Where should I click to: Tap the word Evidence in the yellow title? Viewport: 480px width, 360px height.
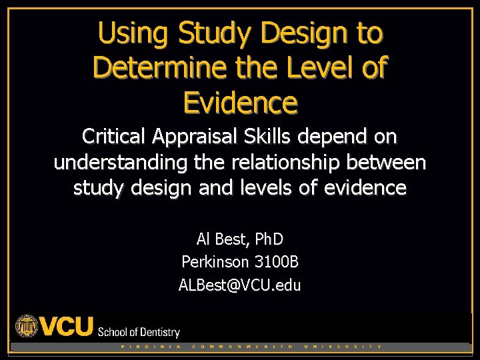click(x=240, y=103)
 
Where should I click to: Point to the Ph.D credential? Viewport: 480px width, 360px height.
click(x=265, y=238)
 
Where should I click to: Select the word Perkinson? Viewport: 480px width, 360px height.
click(x=212, y=262)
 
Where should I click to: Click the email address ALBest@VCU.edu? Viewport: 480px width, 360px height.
click(x=240, y=285)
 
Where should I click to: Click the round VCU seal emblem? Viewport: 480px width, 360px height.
click(x=27, y=326)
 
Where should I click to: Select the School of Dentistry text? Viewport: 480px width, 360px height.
click(x=139, y=331)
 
